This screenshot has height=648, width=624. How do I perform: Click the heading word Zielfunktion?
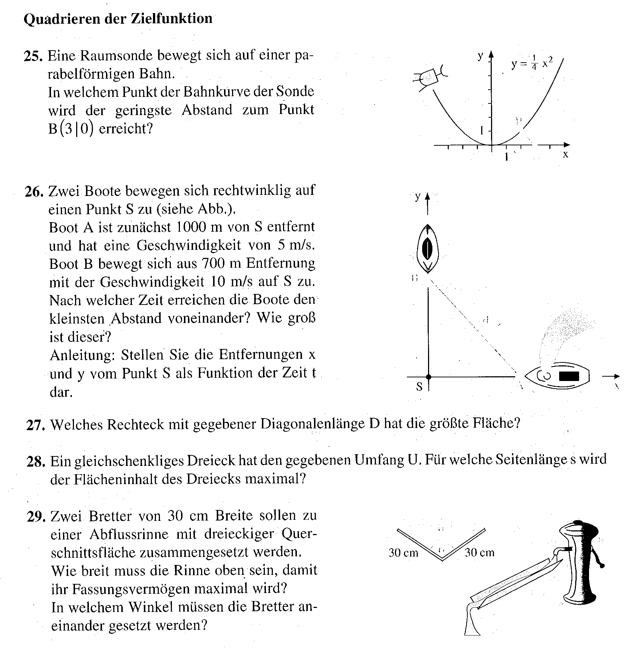tap(171, 19)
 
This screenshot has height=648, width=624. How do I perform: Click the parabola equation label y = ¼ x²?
tap(532, 64)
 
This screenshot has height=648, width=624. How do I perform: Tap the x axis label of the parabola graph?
tap(565, 154)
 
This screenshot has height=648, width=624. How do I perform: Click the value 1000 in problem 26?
tap(191, 227)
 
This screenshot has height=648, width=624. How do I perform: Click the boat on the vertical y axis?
tap(428, 248)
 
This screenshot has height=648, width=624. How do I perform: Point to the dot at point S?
tap(428, 376)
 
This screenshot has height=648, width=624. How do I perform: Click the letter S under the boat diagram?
tap(419, 387)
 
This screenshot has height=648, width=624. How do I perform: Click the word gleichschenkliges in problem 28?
tap(130, 461)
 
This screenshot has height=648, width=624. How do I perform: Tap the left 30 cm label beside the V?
tap(403, 553)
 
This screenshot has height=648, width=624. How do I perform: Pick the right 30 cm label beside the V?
tap(479, 553)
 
